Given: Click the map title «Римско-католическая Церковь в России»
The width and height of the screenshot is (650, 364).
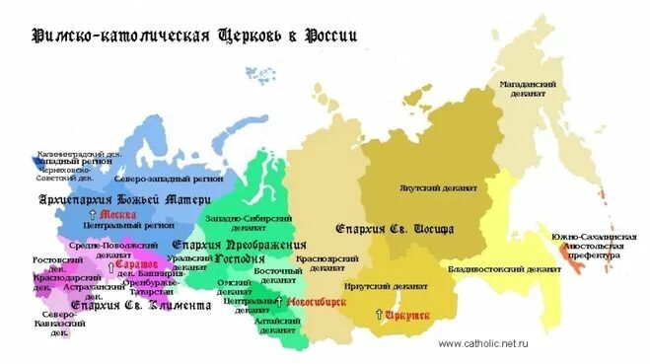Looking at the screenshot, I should (194, 36).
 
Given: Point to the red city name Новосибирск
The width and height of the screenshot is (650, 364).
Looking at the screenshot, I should (317, 301).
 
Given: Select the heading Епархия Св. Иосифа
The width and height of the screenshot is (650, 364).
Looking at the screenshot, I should (395, 228).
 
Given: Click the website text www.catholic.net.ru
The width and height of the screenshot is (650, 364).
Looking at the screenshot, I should (482, 343).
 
